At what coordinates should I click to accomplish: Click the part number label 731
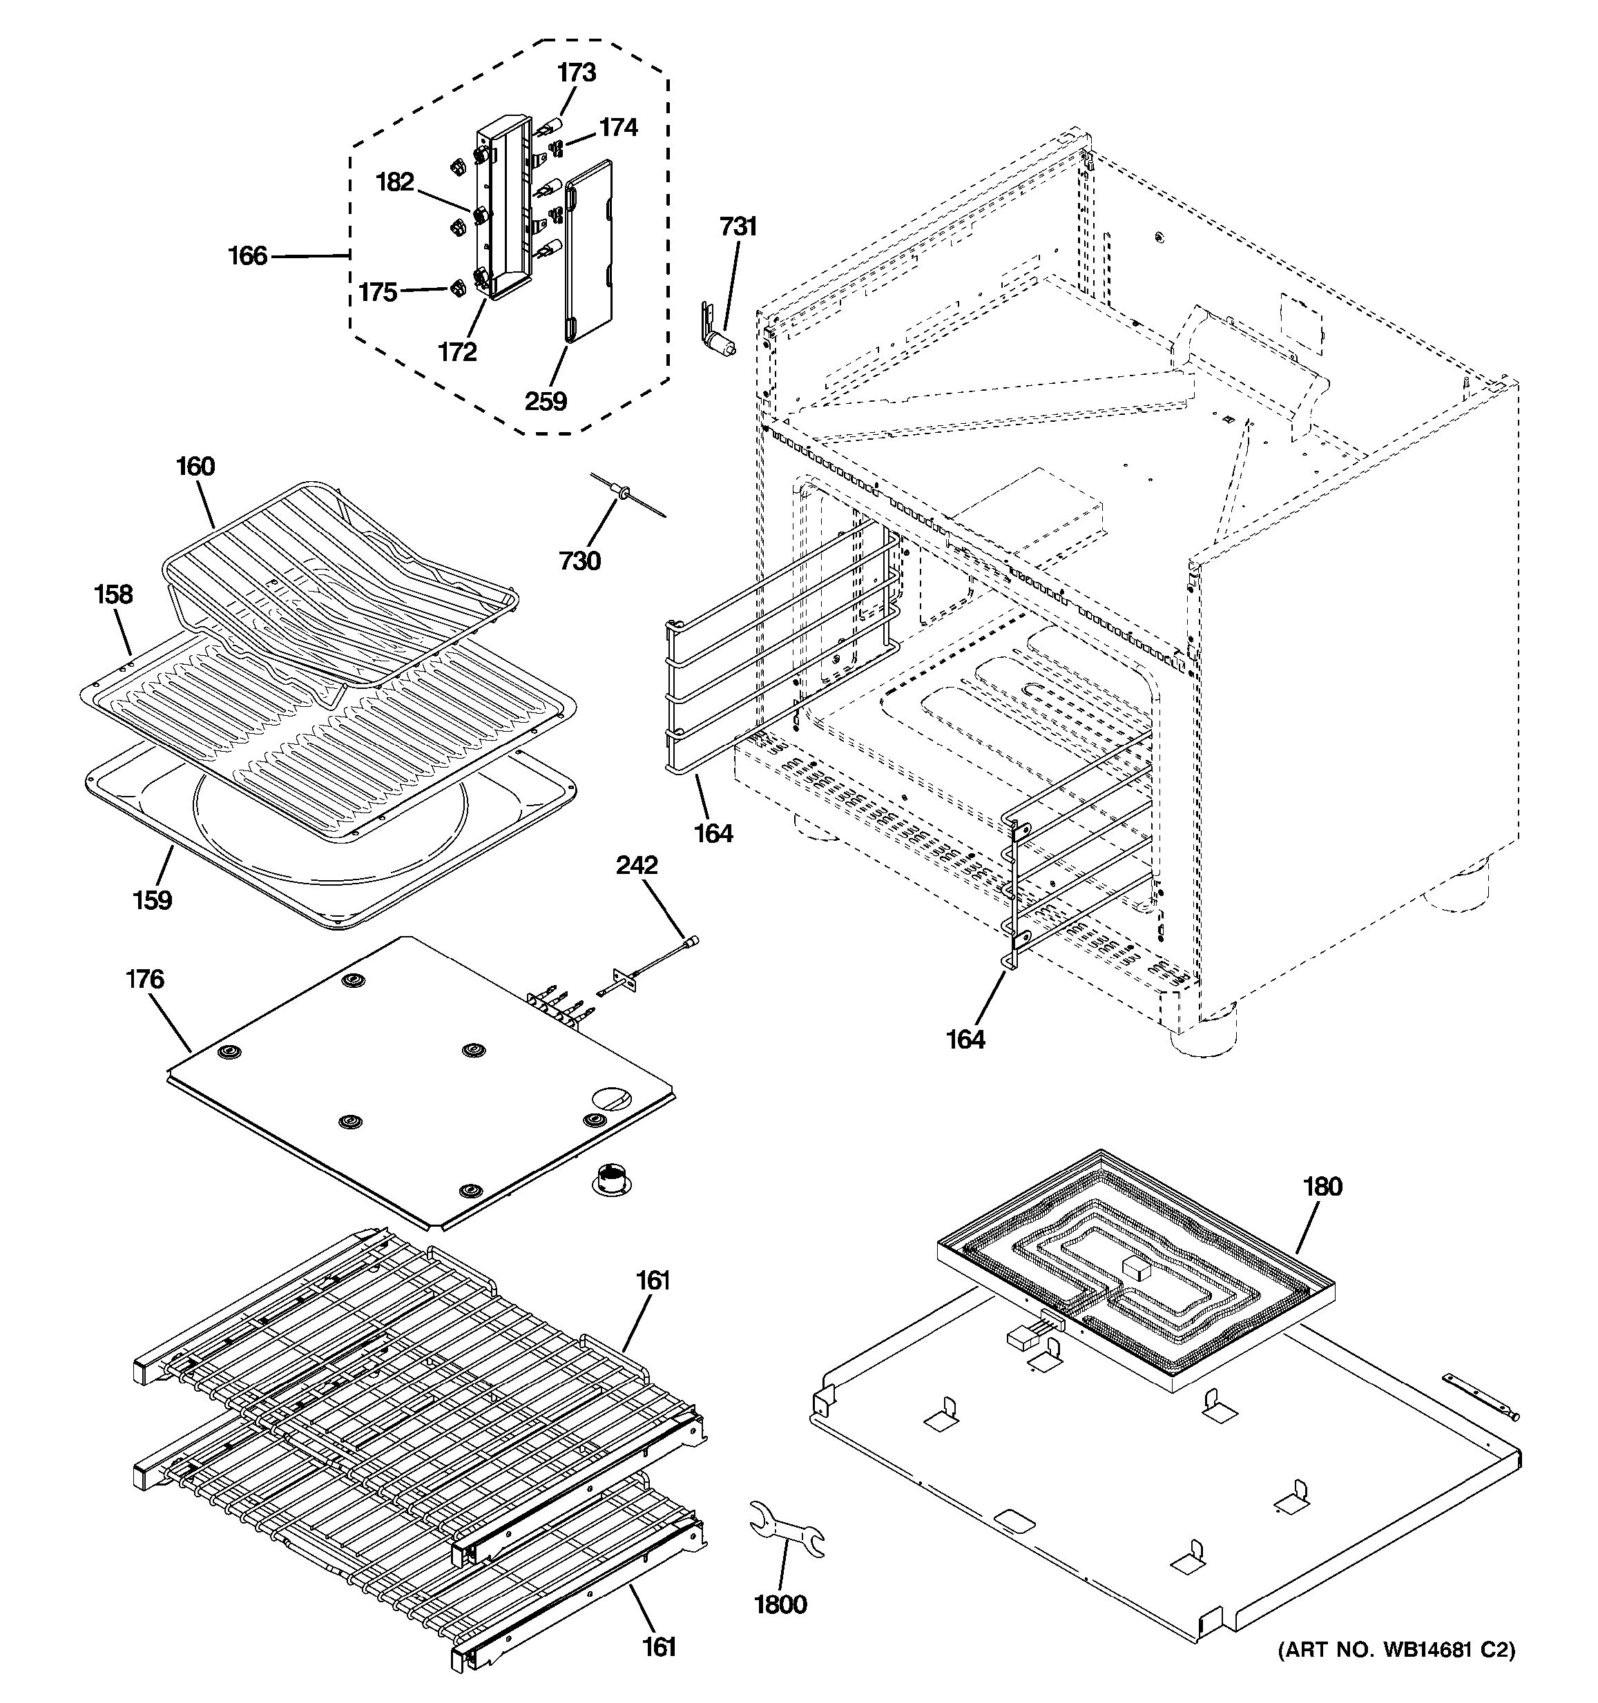pos(738,227)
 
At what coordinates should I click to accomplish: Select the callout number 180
pos(1322,1187)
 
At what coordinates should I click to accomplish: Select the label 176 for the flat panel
pos(145,978)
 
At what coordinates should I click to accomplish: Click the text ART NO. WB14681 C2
pos(1396,1650)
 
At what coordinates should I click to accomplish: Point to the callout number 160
pos(195,467)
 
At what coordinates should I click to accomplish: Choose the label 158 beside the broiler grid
pos(113,594)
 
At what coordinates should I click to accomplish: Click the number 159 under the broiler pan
pos(152,900)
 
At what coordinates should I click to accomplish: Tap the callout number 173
pos(577,72)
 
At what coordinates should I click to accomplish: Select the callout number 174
pos(618,128)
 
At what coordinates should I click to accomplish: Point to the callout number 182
pos(395,182)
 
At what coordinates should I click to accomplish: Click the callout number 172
pos(456,351)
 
